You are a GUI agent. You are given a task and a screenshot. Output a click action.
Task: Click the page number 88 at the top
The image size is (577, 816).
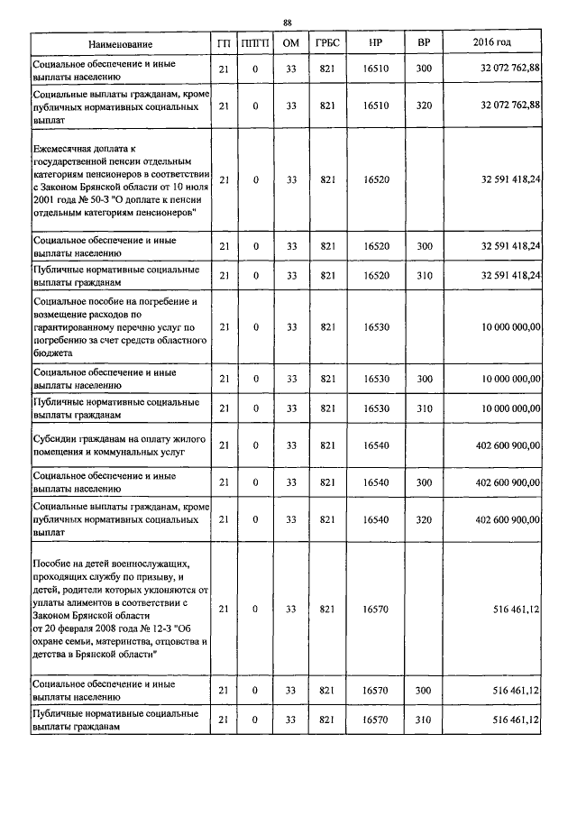click(x=287, y=23)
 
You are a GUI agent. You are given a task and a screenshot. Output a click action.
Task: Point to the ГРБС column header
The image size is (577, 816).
click(x=326, y=44)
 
